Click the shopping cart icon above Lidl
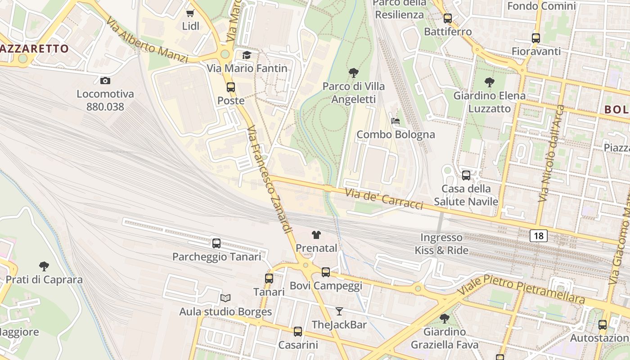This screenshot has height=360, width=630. pyautogui.click(x=190, y=13)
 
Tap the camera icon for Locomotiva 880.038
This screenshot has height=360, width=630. pyautogui.click(x=105, y=81)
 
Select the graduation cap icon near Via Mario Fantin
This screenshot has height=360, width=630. pyautogui.click(x=247, y=55)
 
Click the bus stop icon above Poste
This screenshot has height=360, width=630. pyautogui.click(x=231, y=87)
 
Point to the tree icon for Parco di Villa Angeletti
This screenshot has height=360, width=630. pyautogui.click(x=354, y=72)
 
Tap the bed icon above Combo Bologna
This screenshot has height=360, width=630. pyautogui.click(x=396, y=121)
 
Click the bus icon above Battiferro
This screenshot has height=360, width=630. pyautogui.click(x=448, y=18)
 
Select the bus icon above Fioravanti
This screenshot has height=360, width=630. pyautogui.click(x=535, y=38)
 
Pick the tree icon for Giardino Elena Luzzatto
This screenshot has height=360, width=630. pyautogui.click(x=490, y=82)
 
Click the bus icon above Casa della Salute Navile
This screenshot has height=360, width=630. pyautogui.click(x=466, y=175)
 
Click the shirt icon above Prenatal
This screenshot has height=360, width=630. pyautogui.click(x=316, y=234)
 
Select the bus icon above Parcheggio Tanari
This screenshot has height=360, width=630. pyautogui.click(x=216, y=243)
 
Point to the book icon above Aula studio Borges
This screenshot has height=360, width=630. pyautogui.click(x=225, y=298)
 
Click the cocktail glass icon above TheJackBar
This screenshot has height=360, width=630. pyautogui.click(x=339, y=311)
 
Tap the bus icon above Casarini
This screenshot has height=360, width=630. pyautogui.click(x=298, y=332)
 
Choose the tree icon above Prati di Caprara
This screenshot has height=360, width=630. pyautogui.click(x=44, y=266)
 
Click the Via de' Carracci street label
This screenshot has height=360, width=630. pyautogui.click(x=384, y=199)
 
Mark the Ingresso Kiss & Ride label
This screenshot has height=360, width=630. pyautogui.click(x=441, y=244)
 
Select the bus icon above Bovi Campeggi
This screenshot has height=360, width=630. pyautogui.click(x=326, y=272)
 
